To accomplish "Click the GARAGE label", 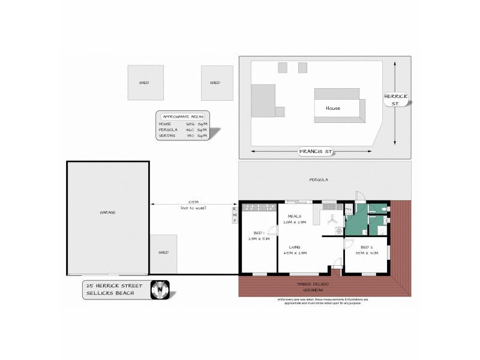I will click(107, 212).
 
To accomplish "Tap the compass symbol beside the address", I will click(159, 289).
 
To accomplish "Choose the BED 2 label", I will click(366, 247).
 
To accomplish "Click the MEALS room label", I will click(294, 216).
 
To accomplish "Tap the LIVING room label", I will click(295, 247).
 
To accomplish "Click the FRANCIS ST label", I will click(315, 152).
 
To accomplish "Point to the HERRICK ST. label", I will click(396, 100).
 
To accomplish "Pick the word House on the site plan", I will click(333, 109).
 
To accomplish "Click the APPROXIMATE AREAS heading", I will click(182, 116).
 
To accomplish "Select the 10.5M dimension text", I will click(193, 202).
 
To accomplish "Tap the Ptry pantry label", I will click(348, 209).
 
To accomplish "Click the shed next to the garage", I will click(164, 253).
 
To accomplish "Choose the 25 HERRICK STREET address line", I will click(114, 286).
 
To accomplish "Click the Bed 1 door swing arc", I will click(272, 230).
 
